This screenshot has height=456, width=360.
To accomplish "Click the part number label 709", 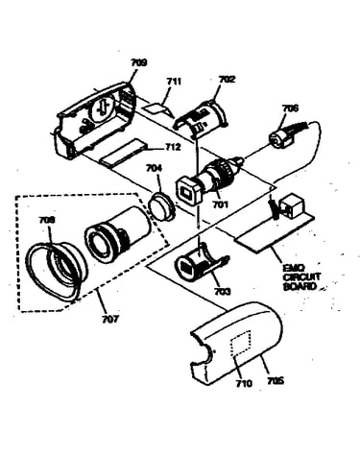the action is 139,62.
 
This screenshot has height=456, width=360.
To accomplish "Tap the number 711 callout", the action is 174,82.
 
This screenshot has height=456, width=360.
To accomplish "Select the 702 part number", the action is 227,79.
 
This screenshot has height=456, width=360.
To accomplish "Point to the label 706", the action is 290,108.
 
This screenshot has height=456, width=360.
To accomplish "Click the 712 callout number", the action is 173,147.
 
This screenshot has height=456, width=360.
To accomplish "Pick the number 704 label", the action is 154,168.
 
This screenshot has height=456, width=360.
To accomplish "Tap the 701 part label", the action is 220,204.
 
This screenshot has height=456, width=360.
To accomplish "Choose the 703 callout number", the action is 223,292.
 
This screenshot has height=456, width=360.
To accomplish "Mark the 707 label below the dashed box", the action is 110,319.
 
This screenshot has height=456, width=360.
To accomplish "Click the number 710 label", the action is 244,383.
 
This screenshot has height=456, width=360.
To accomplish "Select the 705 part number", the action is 276,381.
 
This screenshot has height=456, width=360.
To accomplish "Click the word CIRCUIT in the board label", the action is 301,276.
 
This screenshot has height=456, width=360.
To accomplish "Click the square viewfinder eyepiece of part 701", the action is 189,193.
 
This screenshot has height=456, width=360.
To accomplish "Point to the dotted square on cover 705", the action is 241,345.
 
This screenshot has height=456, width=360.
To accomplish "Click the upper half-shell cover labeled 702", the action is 201,119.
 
